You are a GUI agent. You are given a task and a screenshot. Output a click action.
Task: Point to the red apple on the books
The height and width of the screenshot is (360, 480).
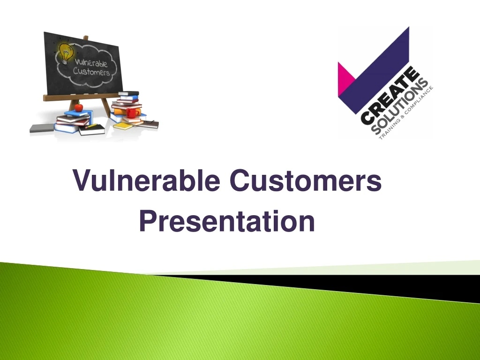pyautogui.click(x=78, y=107)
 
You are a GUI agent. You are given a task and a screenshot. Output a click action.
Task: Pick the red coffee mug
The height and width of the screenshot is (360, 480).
pyautogui.click(x=132, y=113)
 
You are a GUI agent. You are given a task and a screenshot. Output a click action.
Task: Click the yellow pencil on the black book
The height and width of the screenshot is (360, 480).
pyautogui.click(x=94, y=127)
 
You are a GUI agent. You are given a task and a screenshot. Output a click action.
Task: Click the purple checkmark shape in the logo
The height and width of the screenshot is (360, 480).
pyautogui.click(x=375, y=66)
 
